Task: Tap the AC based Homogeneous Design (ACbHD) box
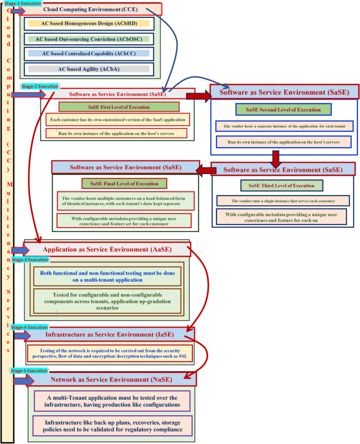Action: (x=88, y=23)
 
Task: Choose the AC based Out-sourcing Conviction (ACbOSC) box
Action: (x=88, y=39)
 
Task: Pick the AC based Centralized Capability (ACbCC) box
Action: (x=88, y=54)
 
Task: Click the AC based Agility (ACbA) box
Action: (x=88, y=69)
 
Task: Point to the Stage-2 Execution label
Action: (x=40, y=86)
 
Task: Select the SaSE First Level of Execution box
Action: (x=118, y=107)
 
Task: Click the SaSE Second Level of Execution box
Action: (x=283, y=109)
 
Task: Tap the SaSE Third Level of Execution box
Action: (x=281, y=186)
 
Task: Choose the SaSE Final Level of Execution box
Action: (x=124, y=184)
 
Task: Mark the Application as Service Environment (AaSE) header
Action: (x=108, y=249)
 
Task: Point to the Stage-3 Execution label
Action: (x=29, y=260)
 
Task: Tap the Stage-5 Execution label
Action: (x=29, y=371)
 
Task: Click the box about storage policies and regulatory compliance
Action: (x=112, y=426)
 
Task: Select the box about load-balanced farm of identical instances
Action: (x=125, y=200)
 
